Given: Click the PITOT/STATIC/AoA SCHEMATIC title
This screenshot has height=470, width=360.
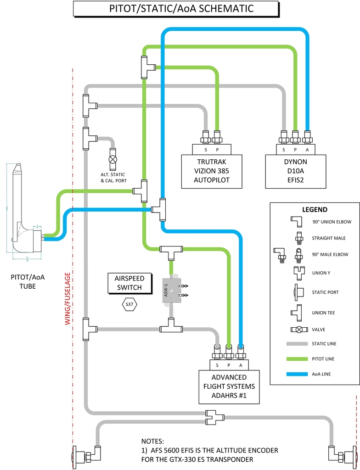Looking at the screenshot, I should (x=176, y=8).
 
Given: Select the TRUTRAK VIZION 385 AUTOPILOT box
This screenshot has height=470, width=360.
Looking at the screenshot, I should (x=213, y=171).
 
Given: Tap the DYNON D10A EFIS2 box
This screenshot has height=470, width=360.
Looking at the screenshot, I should (x=296, y=171).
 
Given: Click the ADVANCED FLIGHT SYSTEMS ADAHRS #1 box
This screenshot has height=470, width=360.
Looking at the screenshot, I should (x=229, y=386).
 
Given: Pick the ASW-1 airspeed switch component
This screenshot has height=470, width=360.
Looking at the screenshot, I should (x=171, y=290).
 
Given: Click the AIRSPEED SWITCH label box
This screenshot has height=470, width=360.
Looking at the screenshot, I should (x=129, y=283).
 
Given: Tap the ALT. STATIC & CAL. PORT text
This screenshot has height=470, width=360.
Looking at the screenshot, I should (x=113, y=178).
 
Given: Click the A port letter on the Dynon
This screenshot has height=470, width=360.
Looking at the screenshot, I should (x=307, y=149).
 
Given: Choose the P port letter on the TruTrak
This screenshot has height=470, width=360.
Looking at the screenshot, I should (x=217, y=149).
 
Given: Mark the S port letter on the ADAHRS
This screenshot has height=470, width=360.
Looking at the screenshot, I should (x=217, y=365).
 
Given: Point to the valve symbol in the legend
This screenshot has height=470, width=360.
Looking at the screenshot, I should (x=298, y=330).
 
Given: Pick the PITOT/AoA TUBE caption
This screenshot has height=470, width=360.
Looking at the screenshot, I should (x=31, y=281).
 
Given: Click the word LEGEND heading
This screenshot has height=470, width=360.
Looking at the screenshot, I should (x=315, y=210).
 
